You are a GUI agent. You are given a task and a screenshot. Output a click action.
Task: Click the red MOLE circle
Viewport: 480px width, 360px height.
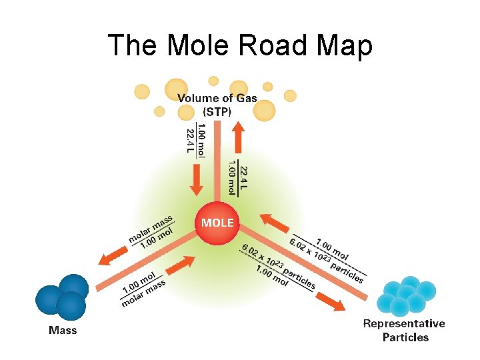point(217,222)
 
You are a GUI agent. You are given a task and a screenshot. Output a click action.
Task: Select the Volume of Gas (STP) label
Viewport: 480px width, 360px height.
point(217,103)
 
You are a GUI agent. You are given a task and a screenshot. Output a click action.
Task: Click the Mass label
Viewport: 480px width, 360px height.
point(63,330)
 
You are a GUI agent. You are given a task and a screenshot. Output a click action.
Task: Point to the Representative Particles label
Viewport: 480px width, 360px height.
point(404,330)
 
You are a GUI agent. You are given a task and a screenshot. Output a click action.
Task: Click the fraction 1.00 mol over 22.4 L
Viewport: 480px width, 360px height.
point(197,140)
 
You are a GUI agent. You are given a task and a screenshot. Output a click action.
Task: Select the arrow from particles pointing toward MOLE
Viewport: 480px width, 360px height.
point(271,223)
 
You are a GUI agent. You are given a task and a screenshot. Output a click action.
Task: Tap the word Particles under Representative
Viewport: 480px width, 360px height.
point(405,337)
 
